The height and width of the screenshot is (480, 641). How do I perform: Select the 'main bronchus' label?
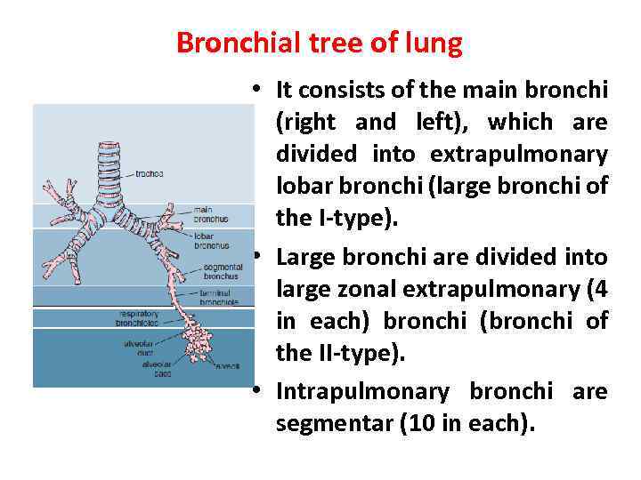pyautogui.click(x=211, y=214)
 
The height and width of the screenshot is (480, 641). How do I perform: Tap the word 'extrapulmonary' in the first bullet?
pyautogui.click(x=519, y=155)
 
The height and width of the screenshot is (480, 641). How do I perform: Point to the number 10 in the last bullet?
pyautogui.click(x=418, y=424)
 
